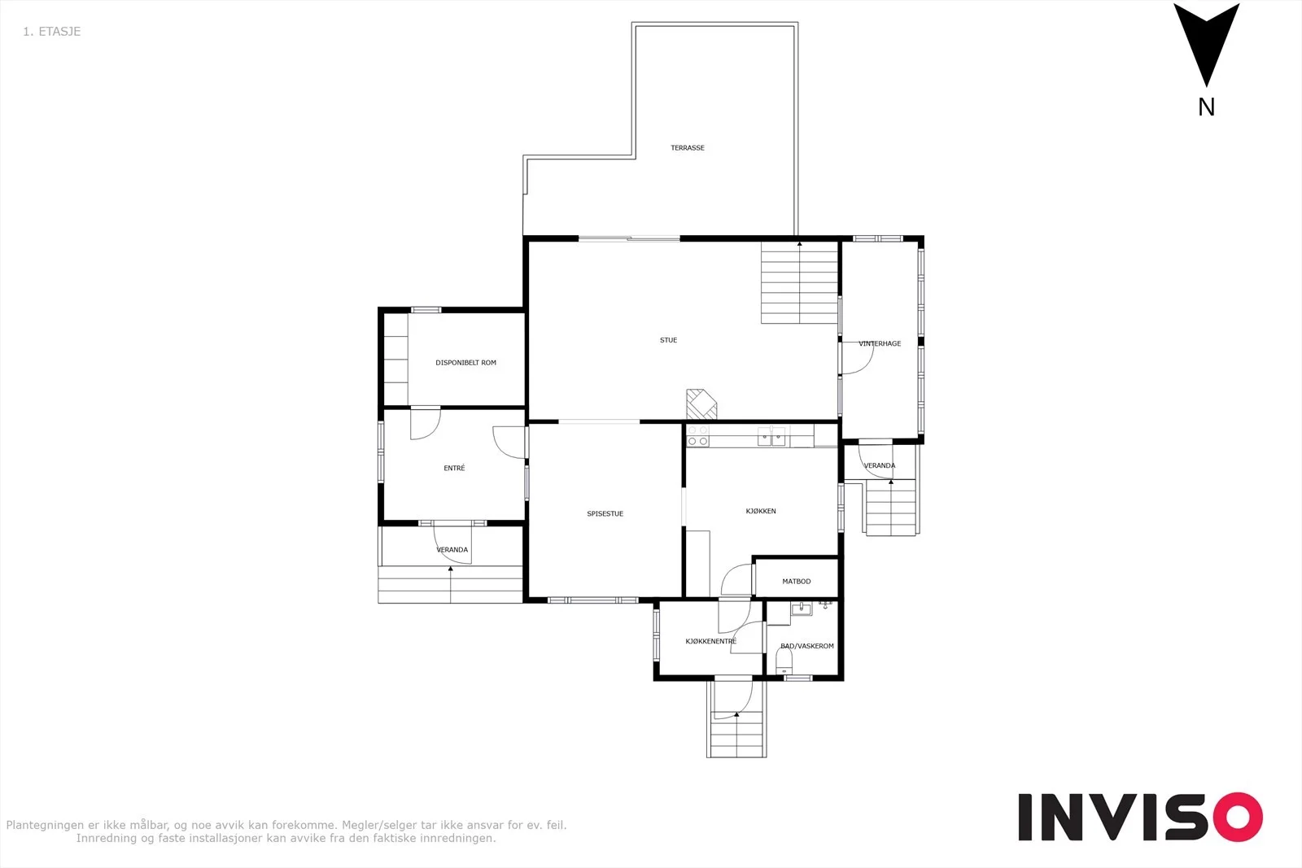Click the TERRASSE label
click(688, 147)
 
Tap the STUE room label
click(668, 340)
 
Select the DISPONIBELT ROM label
click(465, 363)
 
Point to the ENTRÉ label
click(454, 468)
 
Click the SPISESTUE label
click(605, 513)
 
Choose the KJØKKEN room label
click(761, 511)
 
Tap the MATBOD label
click(797, 581)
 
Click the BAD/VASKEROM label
click(806, 646)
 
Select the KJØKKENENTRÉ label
click(711, 641)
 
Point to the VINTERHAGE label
click(880, 343)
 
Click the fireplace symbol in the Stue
click(701, 403)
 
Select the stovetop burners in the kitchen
click(697, 436)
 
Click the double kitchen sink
click(771, 436)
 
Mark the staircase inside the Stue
click(799, 282)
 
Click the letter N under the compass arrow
click(1206, 107)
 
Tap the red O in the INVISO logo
click(1238, 817)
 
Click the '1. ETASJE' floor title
click(52, 32)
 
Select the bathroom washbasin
click(802, 608)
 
